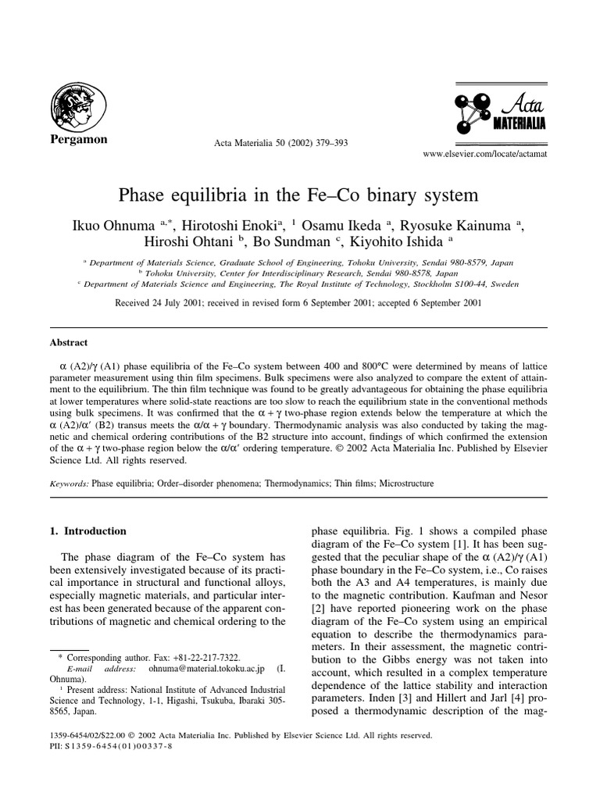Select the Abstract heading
69,342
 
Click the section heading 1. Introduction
87,531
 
